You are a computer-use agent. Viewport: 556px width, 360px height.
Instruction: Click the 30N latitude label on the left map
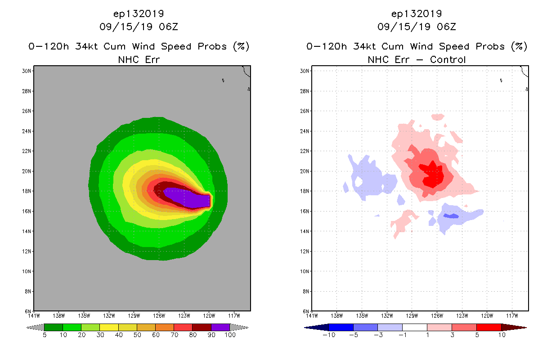27,71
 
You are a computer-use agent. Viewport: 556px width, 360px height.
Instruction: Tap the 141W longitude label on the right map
312,315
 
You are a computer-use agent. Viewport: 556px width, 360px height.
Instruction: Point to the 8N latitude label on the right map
305,292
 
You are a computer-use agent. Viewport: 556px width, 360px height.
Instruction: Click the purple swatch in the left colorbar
220,327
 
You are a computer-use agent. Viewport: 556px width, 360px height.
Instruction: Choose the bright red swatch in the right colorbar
489,327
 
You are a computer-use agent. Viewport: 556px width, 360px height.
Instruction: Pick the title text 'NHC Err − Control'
417,59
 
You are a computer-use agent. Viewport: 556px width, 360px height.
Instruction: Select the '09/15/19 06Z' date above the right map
417,27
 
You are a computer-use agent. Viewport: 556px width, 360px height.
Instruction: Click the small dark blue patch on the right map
451,216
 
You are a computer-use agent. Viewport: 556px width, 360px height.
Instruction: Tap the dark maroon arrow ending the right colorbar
513,327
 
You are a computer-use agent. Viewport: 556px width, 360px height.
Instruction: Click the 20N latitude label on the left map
27,171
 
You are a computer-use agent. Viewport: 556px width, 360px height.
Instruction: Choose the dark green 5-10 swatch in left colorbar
54,327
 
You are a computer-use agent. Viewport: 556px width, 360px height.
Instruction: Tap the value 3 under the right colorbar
452,335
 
